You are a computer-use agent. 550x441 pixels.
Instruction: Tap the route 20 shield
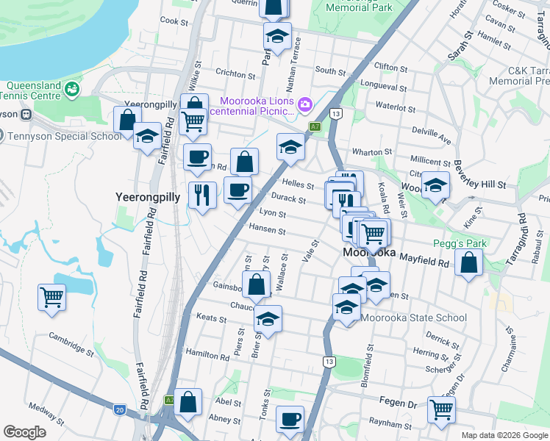tap(119, 409)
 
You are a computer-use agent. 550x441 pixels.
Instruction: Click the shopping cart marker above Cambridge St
tap(52, 298)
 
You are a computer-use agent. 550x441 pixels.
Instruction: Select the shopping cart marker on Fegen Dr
tap(441, 409)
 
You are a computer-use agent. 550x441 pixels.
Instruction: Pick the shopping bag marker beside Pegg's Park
tap(468, 262)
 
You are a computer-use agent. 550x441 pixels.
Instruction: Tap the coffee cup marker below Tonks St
tap(290, 419)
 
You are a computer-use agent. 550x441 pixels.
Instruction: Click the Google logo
tap(24, 432)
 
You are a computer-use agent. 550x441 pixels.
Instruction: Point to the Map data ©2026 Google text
tap(504, 435)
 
